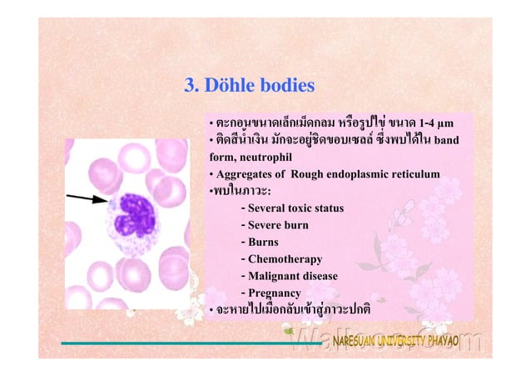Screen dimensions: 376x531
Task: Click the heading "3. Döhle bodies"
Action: [248, 85]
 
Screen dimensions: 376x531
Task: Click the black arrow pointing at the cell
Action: [87, 198]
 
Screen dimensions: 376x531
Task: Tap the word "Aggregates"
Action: [244, 174]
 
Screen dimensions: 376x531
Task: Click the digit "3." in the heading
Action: [191, 85]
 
